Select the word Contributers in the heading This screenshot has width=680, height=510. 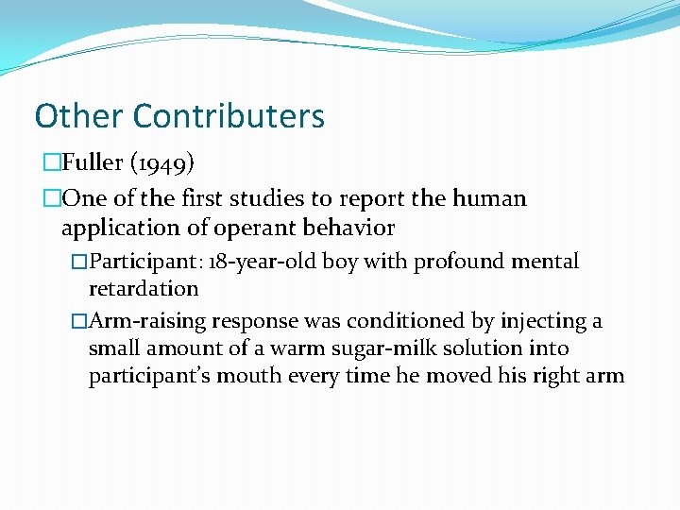point(229,116)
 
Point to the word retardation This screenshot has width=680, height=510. point(144,288)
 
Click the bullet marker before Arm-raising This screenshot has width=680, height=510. point(78,322)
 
